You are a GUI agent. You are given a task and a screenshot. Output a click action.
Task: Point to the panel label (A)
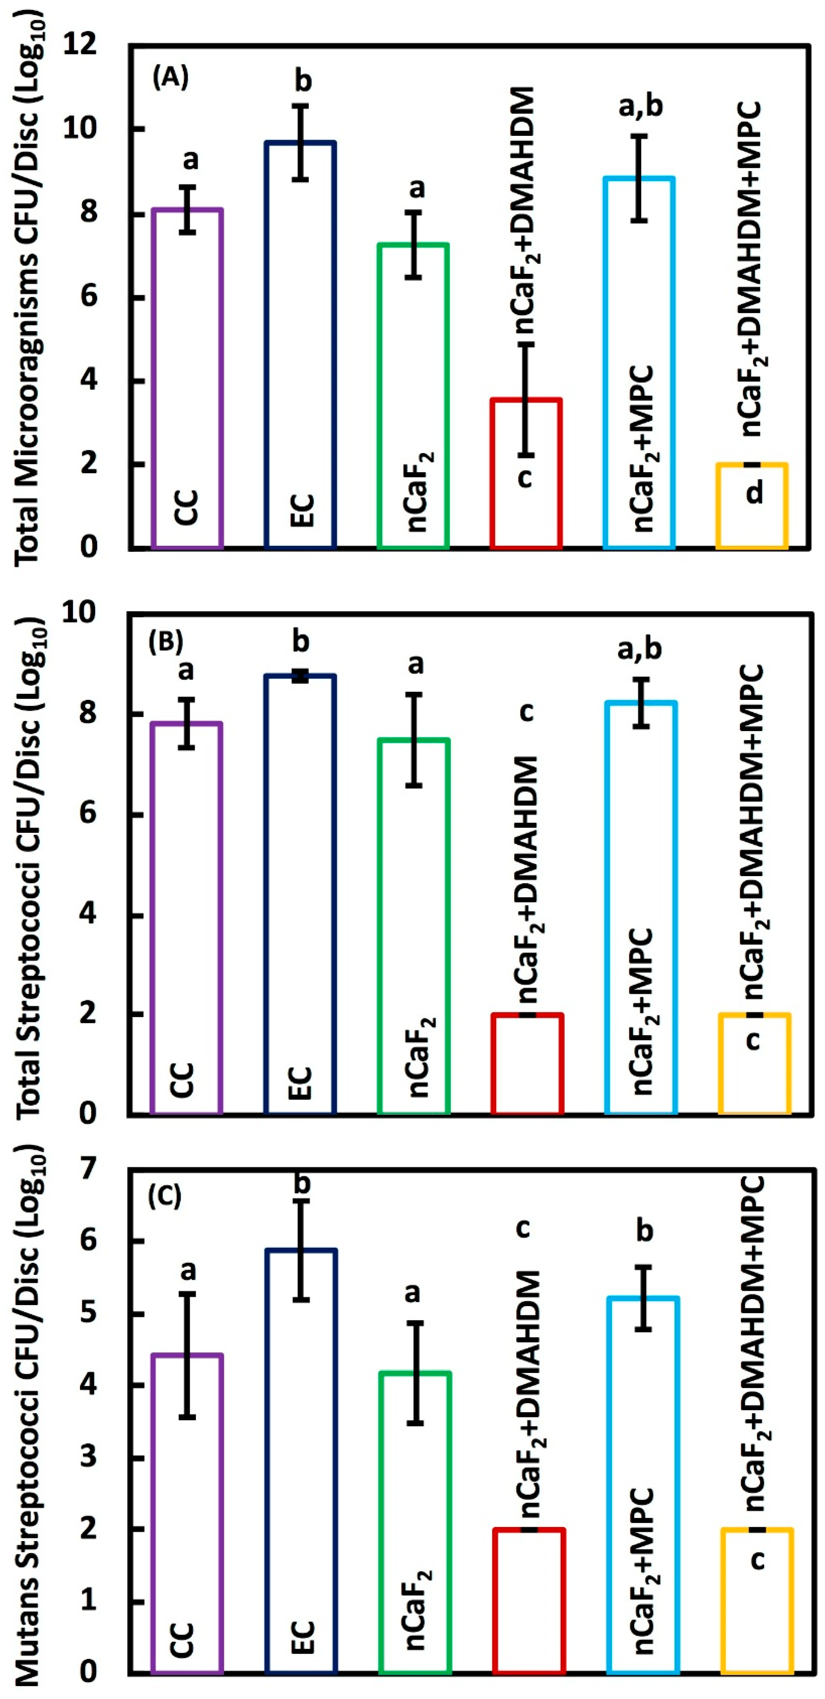point(170,78)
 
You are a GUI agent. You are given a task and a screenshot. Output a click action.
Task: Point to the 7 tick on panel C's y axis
point(88,1169)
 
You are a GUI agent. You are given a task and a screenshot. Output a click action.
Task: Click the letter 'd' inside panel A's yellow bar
point(754,491)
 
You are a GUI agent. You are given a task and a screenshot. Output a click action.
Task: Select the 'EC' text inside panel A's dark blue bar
point(301,510)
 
